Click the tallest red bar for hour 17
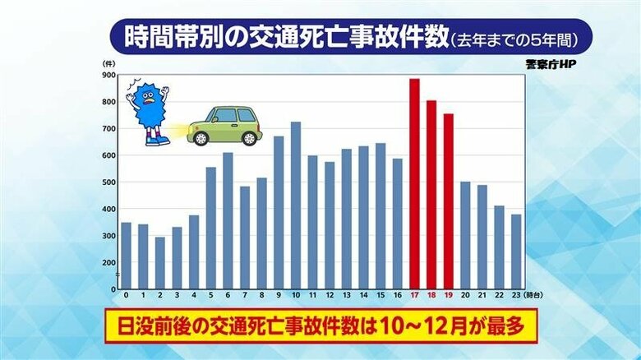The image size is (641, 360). tap(414, 184)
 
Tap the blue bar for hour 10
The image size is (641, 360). tap(295, 205)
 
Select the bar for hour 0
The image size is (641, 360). tap(126, 256)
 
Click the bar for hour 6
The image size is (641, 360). tap(228, 221)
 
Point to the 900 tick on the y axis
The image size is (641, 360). tap(108, 75)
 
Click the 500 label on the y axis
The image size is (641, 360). tap(108, 182)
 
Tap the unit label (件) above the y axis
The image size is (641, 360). tap(108, 62)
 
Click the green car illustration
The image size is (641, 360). tap(224, 125)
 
